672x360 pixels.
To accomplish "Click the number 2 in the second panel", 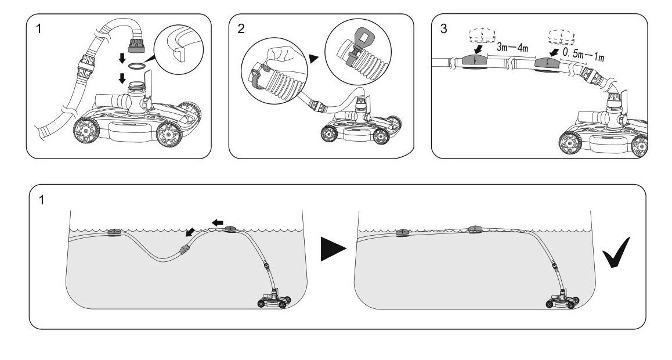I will point(241,29).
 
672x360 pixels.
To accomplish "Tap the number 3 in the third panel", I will point(444,29).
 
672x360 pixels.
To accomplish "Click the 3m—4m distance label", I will point(513,48).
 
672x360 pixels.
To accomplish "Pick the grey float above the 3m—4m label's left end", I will point(475,60).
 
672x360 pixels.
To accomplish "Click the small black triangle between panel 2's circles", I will point(313,58).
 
